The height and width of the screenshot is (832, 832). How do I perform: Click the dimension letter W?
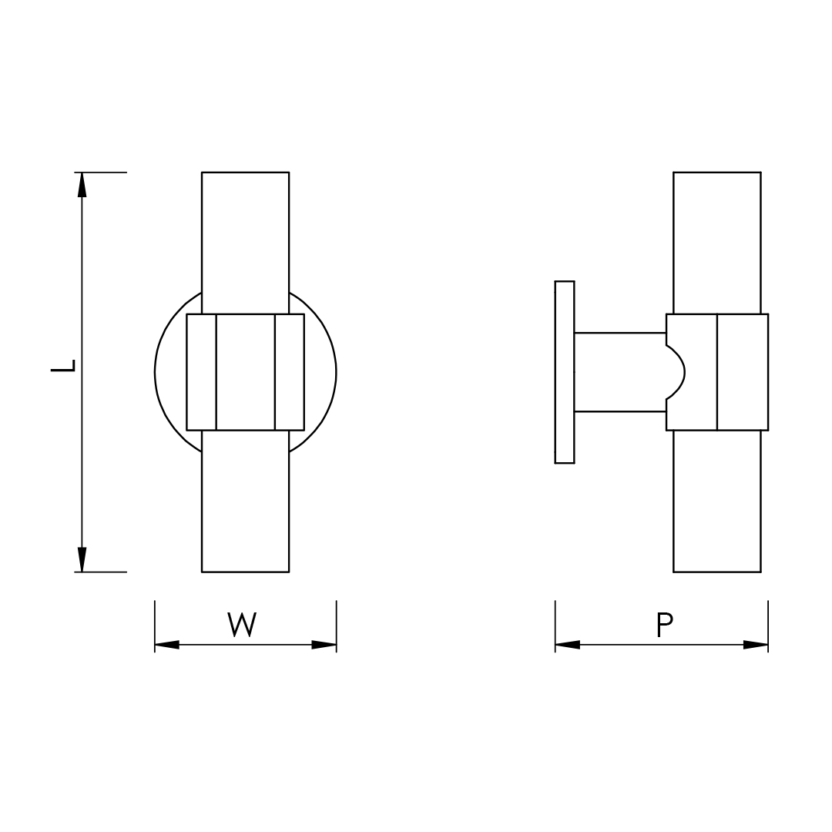(242, 624)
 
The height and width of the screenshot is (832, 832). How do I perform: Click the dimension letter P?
(664, 624)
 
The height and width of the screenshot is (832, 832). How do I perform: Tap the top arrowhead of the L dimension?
(82, 185)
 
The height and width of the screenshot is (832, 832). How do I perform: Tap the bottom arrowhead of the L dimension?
(82, 559)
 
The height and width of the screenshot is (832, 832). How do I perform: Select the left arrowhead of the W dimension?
(167, 645)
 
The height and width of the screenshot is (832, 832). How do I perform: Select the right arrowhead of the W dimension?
(324, 645)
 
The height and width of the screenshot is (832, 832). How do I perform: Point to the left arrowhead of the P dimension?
(567, 645)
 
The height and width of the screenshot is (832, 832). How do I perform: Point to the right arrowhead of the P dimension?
(756, 645)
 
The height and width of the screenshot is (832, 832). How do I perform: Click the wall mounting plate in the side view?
(565, 372)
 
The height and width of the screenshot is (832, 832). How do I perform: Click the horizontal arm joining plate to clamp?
(619, 372)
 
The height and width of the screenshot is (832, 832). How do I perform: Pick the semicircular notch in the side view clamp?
(675, 372)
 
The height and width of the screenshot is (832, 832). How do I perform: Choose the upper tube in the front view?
(245, 239)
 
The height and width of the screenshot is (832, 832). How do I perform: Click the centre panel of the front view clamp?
(245, 372)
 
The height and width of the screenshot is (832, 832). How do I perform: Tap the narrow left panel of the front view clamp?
(201, 372)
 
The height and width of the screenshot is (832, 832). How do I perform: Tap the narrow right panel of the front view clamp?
(290, 372)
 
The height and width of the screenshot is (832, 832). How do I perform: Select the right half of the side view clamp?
(743, 372)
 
